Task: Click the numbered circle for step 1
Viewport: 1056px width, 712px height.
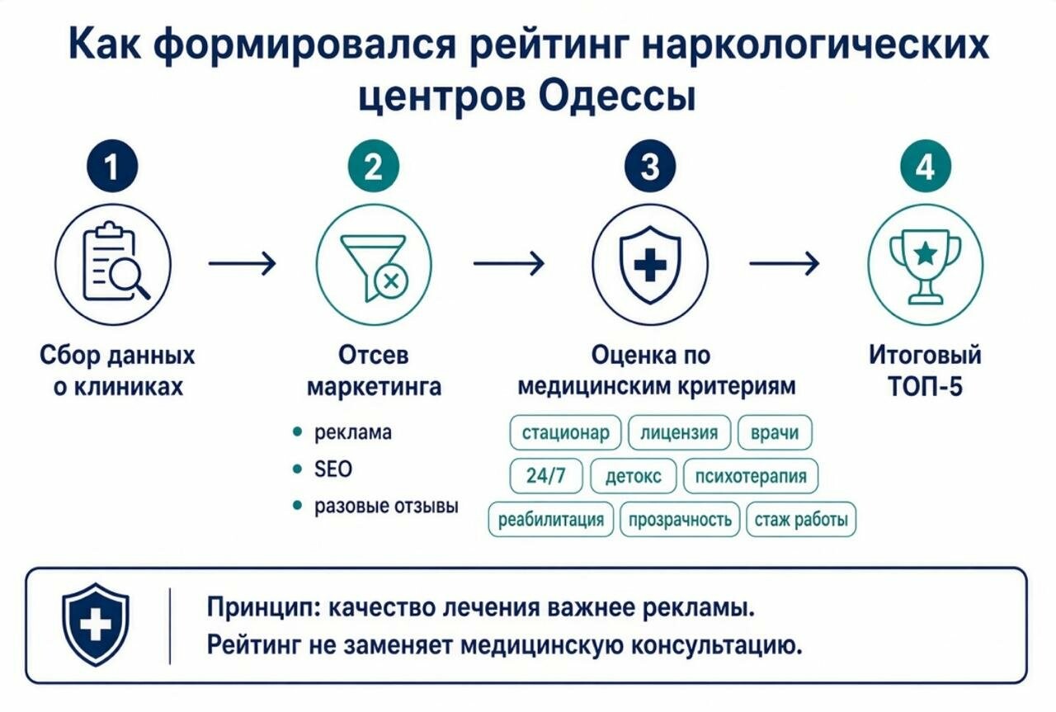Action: (x=112, y=166)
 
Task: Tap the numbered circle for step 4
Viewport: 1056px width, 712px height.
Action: (x=926, y=166)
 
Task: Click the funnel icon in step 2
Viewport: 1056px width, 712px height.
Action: (x=375, y=268)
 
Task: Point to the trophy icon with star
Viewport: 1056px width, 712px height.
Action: (x=925, y=266)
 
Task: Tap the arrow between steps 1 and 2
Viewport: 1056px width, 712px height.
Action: (x=243, y=263)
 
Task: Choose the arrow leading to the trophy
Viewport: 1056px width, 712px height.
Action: (x=785, y=263)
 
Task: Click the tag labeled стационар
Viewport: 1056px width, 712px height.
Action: (x=565, y=432)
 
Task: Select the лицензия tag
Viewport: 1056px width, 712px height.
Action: (x=679, y=432)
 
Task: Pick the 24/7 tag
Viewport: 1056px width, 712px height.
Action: (x=546, y=476)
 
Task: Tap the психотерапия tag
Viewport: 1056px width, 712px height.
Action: (x=751, y=476)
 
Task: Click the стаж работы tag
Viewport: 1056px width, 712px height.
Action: (x=801, y=519)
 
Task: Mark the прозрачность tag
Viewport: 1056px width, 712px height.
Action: (x=680, y=519)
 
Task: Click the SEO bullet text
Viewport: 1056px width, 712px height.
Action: (x=332, y=469)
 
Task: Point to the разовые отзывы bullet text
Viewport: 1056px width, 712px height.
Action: (x=386, y=506)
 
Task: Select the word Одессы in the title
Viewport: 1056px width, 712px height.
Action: (x=616, y=97)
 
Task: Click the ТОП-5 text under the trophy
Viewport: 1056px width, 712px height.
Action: (x=925, y=387)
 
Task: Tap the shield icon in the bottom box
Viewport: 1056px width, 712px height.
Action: (x=96, y=625)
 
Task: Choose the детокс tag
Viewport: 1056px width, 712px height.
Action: (x=633, y=476)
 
